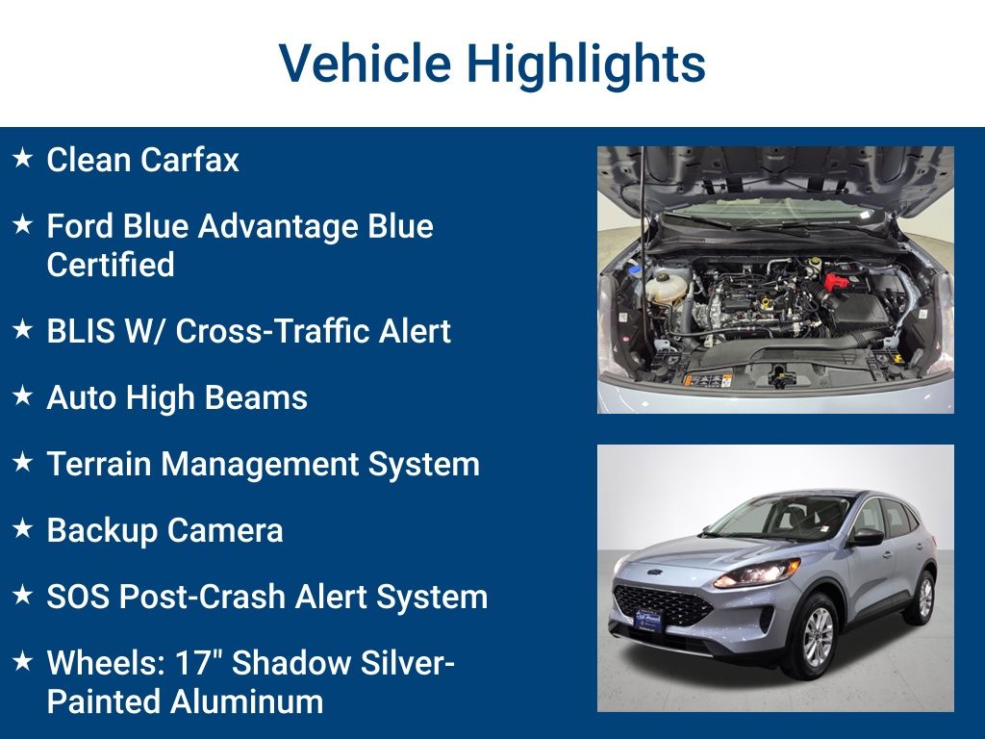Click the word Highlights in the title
pyautogui.click(x=586, y=64)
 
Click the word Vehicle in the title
pyautogui.click(x=365, y=64)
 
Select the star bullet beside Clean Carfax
pyautogui.click(x=23, y=158)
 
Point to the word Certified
pyautogui.click(x=111, y=265)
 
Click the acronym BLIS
pyautogui.click(x=80, y=331)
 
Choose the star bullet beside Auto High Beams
pyautogui.click(x=23, y=395)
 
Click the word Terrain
pyautogui.click(x=99, y=464)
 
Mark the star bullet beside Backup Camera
pyautogui.click(x=23, y=528)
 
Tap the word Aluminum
pyautogui.click(x=246, y=701)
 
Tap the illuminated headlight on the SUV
pyautogui.click(x=757, y=573)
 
